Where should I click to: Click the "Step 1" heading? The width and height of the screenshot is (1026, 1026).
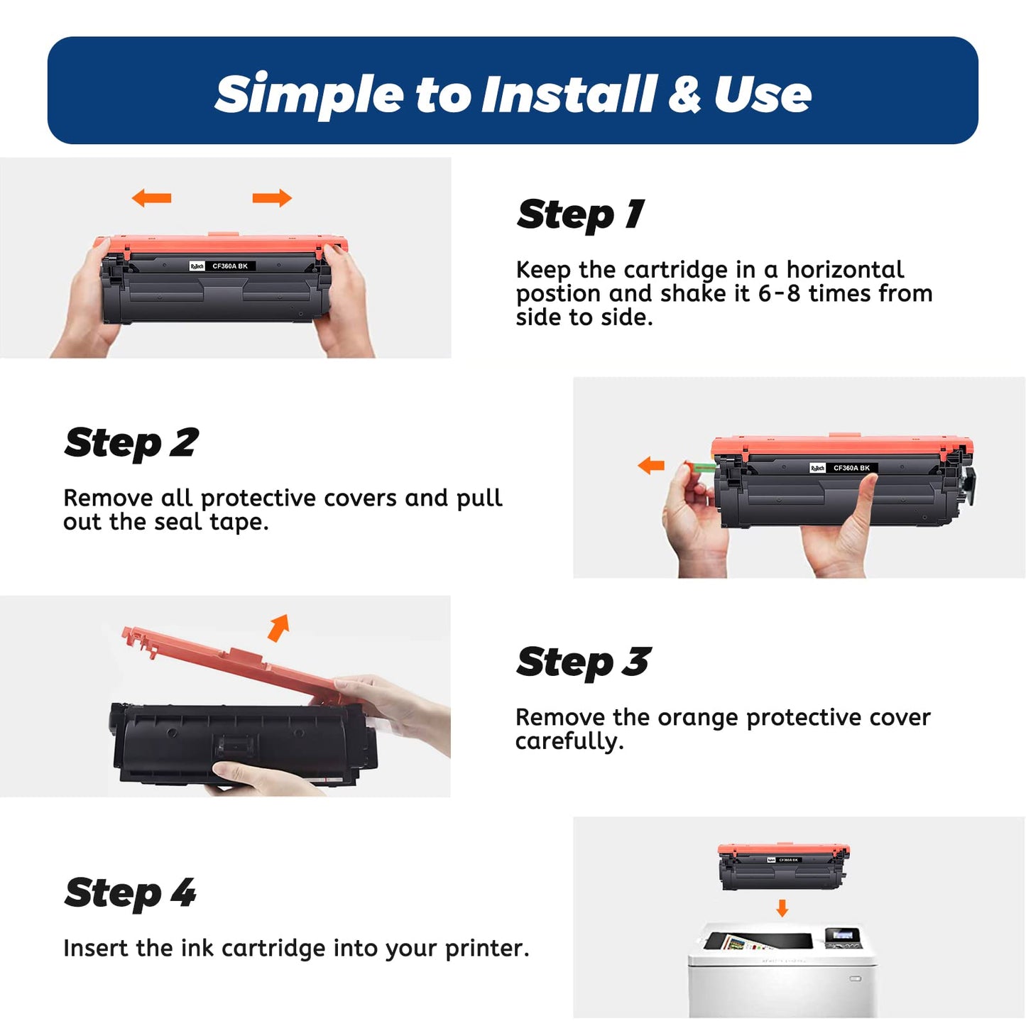pyautogui.click(x=580, y=214)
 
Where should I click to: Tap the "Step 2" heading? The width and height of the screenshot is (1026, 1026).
pyautogui.click(x=131, y=443)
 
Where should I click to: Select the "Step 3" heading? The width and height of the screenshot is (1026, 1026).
pyautogui.click(x=584, y=662)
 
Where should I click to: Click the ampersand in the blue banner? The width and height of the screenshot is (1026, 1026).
pyautogui.click(x=685, y=94)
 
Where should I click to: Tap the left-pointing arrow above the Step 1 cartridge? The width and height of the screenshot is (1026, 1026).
pyautogui.click(x=152, y=198)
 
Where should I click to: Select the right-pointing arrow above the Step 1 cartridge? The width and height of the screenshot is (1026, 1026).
pyautogui.click(x=272, y=198)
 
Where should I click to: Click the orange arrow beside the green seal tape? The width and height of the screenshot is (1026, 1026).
pyautogui.click(x=651, y=465)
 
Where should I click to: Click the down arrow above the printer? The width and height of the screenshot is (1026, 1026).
pyautogui.click(x=782, y=908)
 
